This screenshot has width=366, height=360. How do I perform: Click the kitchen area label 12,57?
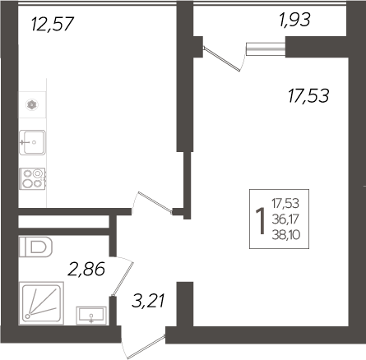[53, 24]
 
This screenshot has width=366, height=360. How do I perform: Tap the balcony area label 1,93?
[294, 20]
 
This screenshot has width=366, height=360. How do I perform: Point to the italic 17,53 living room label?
[308, 95]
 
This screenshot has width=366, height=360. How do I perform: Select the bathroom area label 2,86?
[86, 269]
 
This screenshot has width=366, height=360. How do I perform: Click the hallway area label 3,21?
[148, 300]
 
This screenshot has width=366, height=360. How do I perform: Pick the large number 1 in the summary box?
[261, 221]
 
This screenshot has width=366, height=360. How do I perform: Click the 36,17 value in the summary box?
[285, 219]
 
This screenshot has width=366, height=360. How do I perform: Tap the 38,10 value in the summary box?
[286, 235]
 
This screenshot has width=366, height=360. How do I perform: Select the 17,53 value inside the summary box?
[285, 203]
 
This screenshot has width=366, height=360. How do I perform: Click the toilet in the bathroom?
[35, 247]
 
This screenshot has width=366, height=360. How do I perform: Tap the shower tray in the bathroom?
[41, 303]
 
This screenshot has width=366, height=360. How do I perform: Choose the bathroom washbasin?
[91, 316]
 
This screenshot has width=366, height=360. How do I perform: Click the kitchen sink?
[32, 142]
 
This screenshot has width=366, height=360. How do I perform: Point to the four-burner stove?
[32, 178]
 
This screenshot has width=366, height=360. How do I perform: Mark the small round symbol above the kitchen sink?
[32, 104]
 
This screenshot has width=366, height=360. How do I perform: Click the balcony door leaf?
[222, 59]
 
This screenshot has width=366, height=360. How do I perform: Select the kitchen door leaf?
[155, 202]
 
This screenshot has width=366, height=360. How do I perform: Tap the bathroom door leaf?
[123, 279]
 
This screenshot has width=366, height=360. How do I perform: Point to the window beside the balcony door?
[266, 48]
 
